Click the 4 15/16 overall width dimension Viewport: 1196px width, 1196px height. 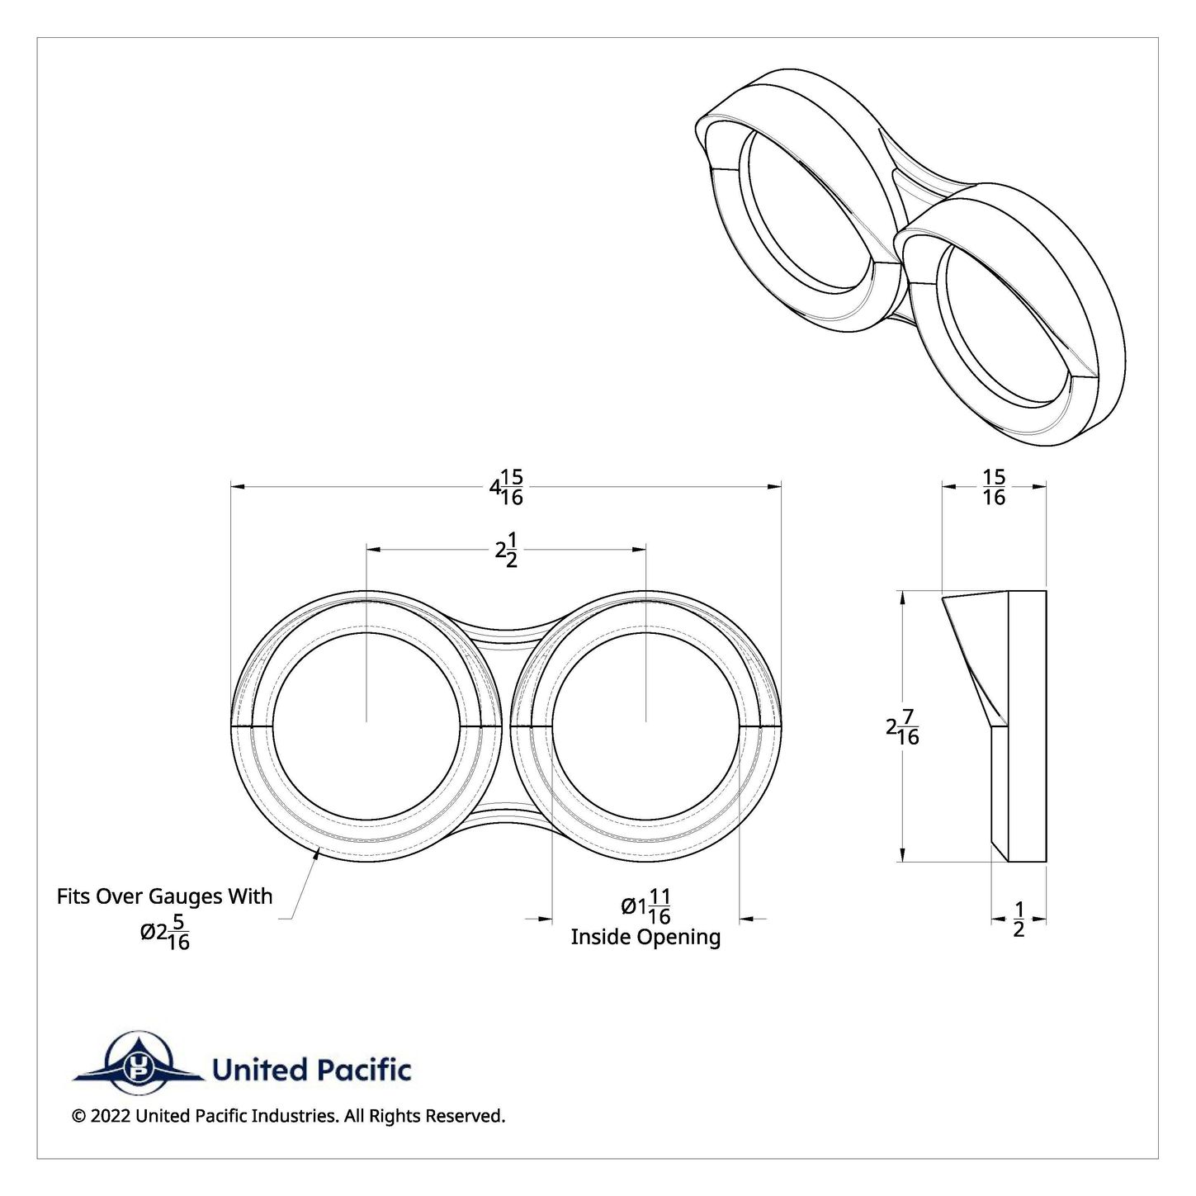[506, 487]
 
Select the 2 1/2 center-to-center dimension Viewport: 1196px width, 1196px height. [506, 549]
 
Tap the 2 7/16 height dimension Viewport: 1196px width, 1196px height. [902, 726]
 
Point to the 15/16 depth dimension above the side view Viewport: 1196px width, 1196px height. [994, 487]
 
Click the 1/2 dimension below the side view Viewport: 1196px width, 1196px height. [1018, 919]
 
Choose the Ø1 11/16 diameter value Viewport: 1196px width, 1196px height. [646, 907]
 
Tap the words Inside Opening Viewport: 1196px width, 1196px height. [645, 937]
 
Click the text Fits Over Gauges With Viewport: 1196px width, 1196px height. [164, 896]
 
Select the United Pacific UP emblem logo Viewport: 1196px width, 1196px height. [138, 1070]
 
